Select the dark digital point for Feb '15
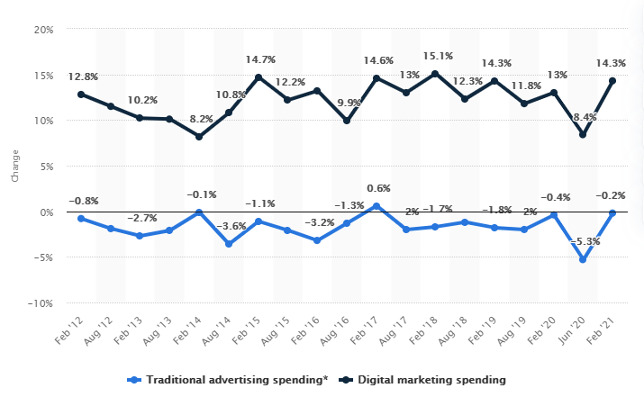(259, 77)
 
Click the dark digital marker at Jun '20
(584, 135)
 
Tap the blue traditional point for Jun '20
(584, 260)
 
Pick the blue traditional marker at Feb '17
(376, 206)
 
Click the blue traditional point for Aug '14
(229, 245)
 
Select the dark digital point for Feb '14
(199, 137)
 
